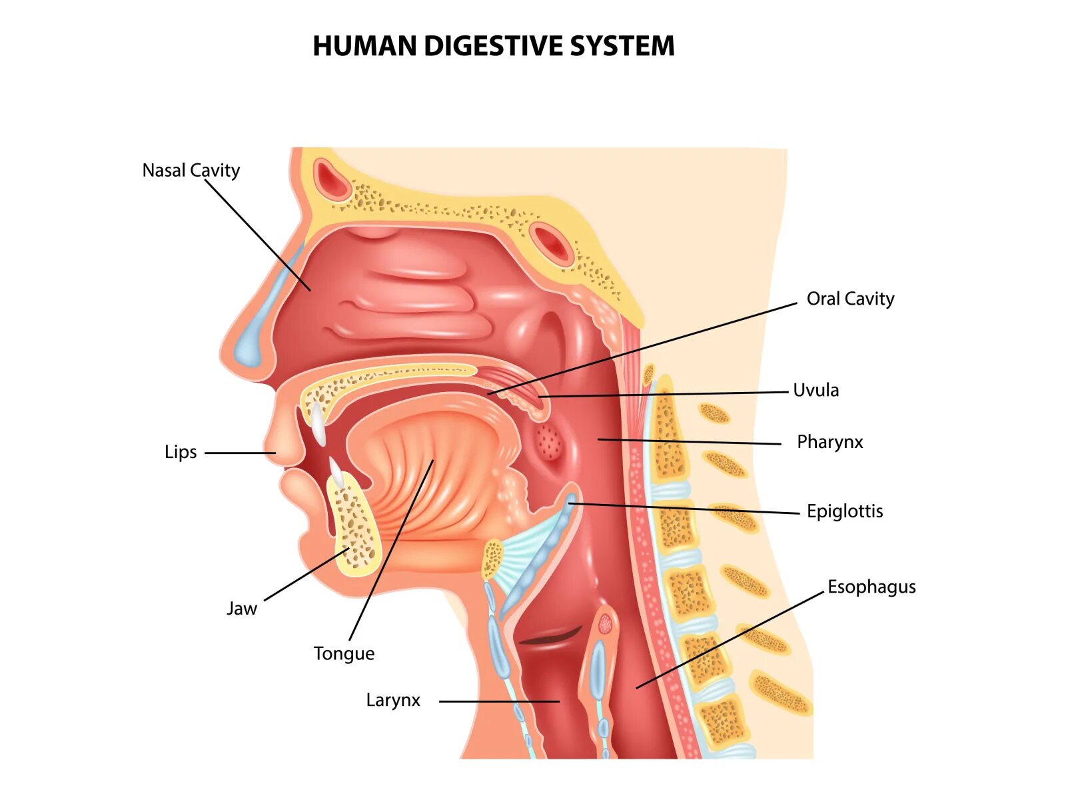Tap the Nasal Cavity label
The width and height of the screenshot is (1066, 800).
[191, 171]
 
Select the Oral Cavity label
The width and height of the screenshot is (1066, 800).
[850, 299]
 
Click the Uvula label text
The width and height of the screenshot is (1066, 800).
[815, 390]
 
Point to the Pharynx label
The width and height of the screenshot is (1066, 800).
[829, 442]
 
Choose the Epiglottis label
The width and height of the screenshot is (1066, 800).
[845, 511]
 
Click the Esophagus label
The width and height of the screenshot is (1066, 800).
[871, 587]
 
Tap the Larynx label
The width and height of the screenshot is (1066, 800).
[393, 700]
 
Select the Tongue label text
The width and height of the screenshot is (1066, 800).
[344, 653]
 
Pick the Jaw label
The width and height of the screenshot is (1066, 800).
[241, 609]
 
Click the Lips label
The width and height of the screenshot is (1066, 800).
[181, 452]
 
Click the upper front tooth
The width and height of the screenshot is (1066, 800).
[318, 424]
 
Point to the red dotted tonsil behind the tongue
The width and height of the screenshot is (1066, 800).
[549, 441]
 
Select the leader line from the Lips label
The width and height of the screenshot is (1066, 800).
[240, 453]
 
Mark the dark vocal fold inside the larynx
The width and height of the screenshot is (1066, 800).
[550, 637]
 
